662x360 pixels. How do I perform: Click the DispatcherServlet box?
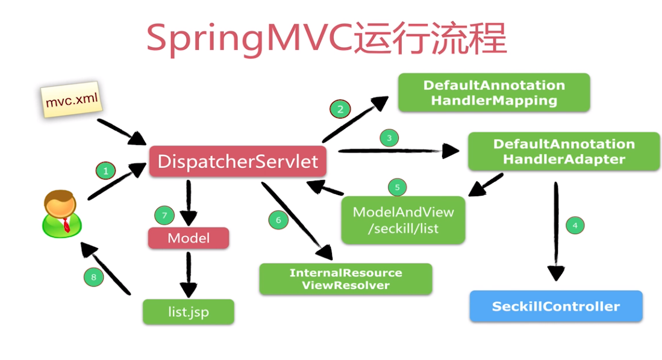pyautogui.click(x=238, y=161)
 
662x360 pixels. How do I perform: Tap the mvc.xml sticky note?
pyautogui.click(x=71, y=99)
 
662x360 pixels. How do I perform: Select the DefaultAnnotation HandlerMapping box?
pyautogui.click(x=494, y=93)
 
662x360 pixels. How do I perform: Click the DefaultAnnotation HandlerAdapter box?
pyautogui.click(x=564, y=152)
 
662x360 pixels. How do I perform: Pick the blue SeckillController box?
pyautogui.click(x=556, y=306)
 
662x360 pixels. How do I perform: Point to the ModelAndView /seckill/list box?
pyautogui.click(x=403, y=220)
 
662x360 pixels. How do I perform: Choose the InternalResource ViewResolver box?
pyautogui.click(x=346, y=279)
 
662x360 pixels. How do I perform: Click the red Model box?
pyautogui.click(x=189, y=238)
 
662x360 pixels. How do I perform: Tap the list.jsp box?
pyautogui.click(x=189, y=312)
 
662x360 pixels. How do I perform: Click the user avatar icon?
pyautogui.click(x=61, y=214)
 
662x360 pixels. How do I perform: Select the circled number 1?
pyautogui.click(x=105, y=170)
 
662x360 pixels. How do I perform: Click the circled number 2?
pyautogui.click(x=340, y=110)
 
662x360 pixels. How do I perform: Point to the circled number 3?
pyautogui.click(x=389, y=138)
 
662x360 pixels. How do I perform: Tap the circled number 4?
pyautogui.click(x=575, y=225)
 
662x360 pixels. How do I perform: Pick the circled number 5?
pyautogui.click(x=398, y=187)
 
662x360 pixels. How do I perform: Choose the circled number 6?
pyautogui.click(x=278, y=220)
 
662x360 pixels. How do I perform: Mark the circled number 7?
pyautogui.click(x=164, y=216)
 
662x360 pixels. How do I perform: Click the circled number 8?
pyautogui.click(x=94, y=277)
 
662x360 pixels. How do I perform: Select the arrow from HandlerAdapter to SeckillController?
pyautogui.click(x=556, y=231)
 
